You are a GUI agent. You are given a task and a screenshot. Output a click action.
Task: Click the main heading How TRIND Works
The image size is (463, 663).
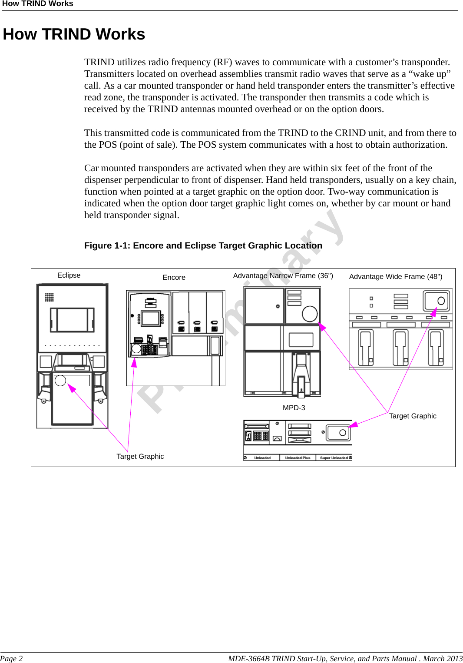[74, 34]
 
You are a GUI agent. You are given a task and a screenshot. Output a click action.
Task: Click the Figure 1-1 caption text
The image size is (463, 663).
[203, 245]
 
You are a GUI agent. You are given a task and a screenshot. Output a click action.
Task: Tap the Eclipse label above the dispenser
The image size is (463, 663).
[69, 275]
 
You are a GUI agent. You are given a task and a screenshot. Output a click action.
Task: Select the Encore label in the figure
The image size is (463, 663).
[174, 278]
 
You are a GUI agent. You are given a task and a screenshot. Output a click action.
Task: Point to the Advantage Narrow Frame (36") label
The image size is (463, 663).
[283, 276]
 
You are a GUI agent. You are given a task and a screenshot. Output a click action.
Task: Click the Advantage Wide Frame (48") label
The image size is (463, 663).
[395, 277]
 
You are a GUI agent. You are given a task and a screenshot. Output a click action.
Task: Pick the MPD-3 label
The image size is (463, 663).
[294, 408]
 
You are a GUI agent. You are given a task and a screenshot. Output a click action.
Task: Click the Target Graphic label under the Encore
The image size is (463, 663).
[140, 457]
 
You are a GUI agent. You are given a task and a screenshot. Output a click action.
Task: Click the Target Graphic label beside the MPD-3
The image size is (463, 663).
[412, 416]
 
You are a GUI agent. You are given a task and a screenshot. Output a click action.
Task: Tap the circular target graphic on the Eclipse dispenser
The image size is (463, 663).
[60, 381]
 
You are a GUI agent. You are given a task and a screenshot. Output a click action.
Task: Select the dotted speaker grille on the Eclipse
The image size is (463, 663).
[49, 297]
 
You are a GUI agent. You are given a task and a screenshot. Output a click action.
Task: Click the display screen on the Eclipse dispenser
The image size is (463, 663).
[72, 320]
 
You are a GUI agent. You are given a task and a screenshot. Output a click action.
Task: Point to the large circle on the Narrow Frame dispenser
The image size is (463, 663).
[310, 314]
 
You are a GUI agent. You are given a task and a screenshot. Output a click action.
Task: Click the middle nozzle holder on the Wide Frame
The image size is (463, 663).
[400, 347]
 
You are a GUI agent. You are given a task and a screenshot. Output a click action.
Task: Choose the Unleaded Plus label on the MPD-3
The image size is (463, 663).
[298, 458]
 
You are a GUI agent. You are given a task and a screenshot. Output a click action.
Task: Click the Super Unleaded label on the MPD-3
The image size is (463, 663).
[334, 458]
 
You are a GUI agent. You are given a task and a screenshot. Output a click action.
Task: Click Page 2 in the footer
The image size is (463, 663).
[11, 659]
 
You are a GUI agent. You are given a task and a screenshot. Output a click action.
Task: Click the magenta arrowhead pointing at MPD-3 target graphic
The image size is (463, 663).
[353, 424]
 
